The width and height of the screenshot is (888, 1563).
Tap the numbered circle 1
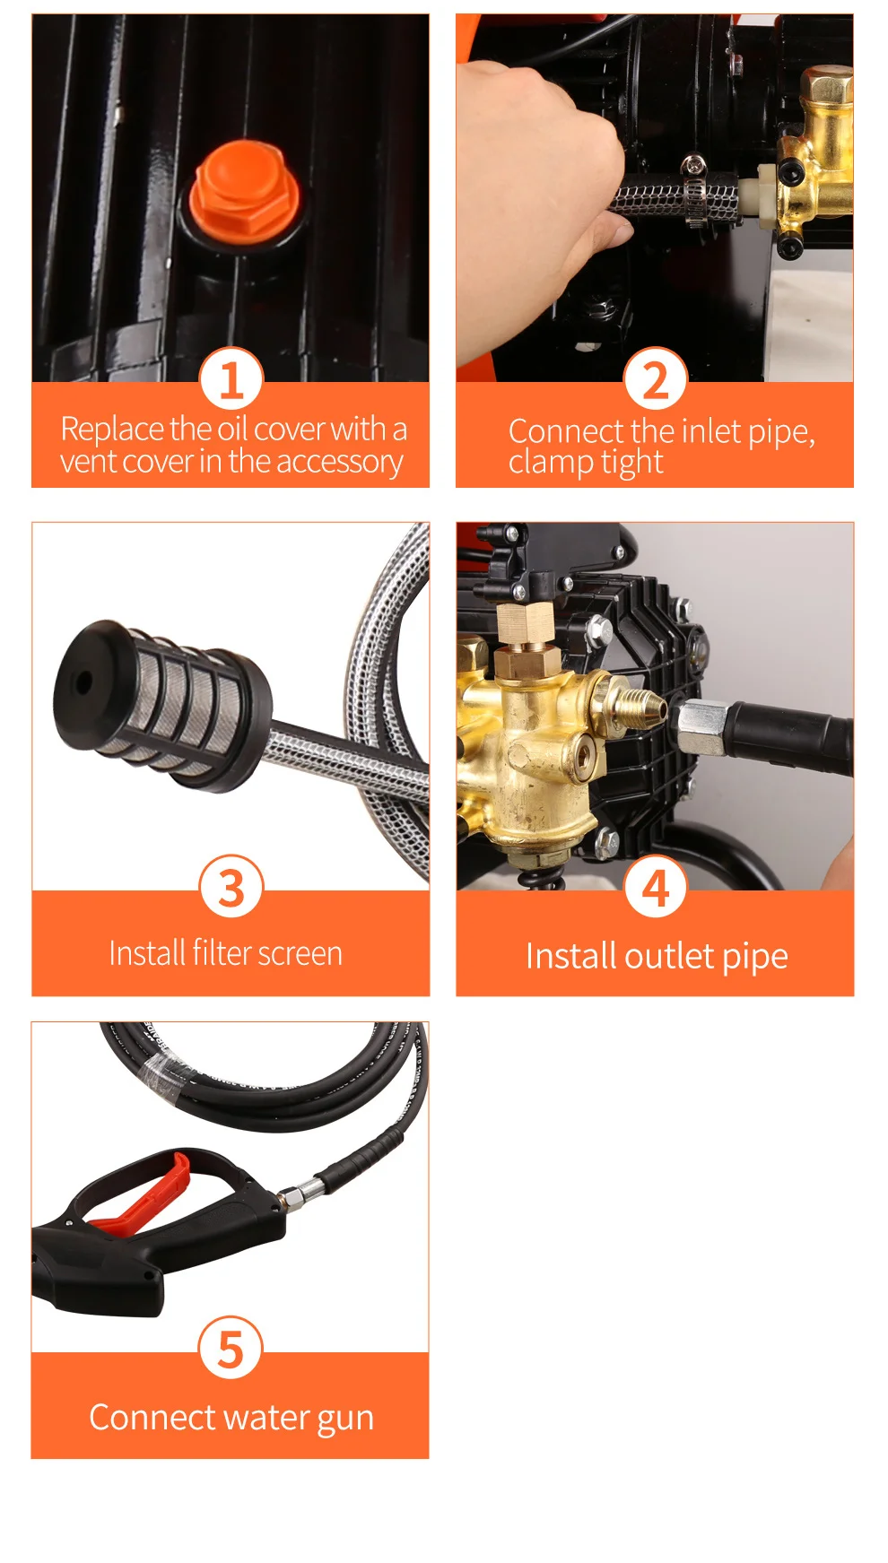(231, 379)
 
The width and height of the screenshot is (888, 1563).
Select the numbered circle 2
(655, 379)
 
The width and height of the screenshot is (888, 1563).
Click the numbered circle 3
(231, 887)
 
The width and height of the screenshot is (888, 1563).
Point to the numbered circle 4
(656, 887)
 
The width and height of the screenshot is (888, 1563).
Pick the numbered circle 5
(231, 1349)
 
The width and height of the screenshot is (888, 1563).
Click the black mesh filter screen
(161, 704)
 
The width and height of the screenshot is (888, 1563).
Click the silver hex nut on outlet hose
(702, 727)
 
